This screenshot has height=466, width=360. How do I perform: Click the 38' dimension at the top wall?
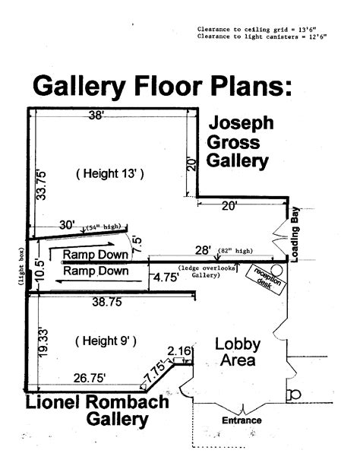96,115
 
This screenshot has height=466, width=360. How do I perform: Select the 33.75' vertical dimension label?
42,185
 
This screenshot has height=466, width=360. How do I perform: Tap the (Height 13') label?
110,173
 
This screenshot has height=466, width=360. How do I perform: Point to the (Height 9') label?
106,341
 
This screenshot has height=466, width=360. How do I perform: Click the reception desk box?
266,279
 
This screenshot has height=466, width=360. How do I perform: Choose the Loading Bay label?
295,234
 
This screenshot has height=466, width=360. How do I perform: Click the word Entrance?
242,420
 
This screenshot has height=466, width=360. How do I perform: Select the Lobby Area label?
238,352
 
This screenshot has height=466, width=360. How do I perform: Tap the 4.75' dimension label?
166,277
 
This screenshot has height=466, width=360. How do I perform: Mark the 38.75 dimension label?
107,302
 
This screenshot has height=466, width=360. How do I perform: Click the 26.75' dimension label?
90,378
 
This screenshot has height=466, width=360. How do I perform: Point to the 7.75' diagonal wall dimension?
154,371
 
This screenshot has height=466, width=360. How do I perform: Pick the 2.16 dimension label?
178,351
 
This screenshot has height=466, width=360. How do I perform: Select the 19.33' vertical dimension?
43,343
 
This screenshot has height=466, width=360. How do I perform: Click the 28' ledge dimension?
204,250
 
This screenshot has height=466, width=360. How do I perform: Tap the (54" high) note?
103,227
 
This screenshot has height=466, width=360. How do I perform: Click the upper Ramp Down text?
96,255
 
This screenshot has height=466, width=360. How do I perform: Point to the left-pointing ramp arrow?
99,281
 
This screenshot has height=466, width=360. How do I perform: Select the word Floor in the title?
168,86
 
